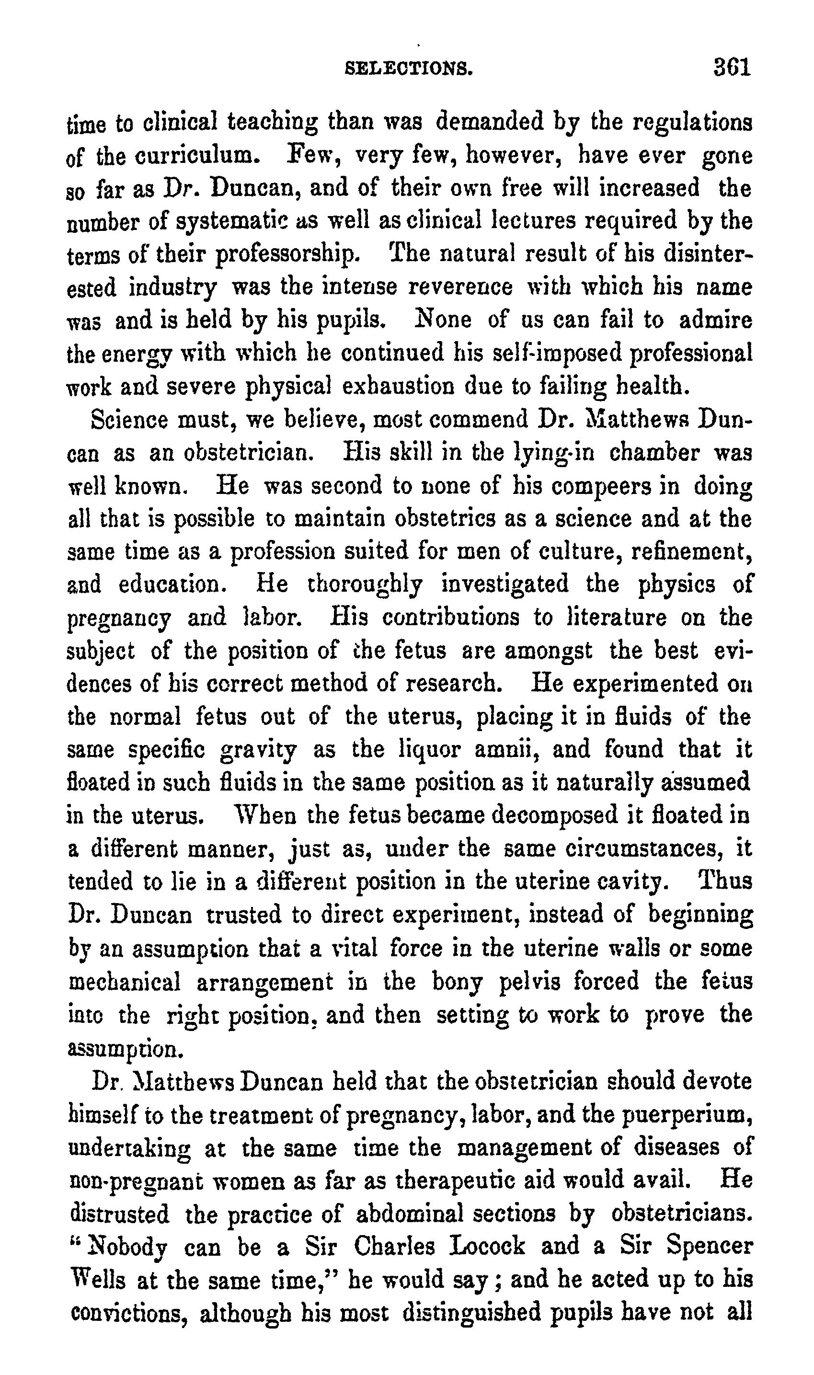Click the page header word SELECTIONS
tap(409, 69)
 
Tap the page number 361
tap(732, 68)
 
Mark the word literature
tap(609, 618)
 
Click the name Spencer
tap(709, 1248)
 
